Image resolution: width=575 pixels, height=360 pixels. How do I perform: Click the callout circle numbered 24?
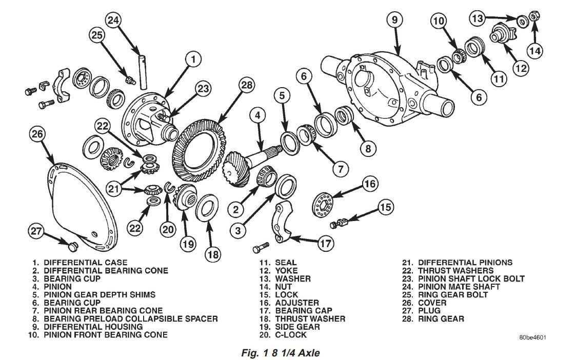113,21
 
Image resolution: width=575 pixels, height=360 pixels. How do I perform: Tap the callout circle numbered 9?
394,21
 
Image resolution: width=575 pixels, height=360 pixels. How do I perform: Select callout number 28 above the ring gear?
247,85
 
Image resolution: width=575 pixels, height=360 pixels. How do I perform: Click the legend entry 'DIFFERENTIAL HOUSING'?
93,327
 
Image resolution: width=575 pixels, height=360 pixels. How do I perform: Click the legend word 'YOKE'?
286,270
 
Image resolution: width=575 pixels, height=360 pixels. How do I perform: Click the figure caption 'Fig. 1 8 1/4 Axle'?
281,353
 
